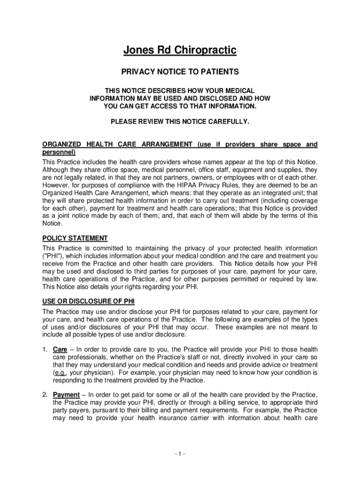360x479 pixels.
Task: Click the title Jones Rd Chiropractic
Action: tap(180, 50)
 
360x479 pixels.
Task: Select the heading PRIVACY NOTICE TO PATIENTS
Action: tap(180, 72)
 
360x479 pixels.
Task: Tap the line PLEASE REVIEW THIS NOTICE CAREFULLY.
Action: tap(180, 122)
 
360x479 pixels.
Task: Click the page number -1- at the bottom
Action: tap(180, 454)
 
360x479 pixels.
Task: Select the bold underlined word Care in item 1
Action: tap(60, 349)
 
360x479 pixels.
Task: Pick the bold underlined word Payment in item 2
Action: tap(66, 394)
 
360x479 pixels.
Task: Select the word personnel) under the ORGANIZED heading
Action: tap(59, 152)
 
